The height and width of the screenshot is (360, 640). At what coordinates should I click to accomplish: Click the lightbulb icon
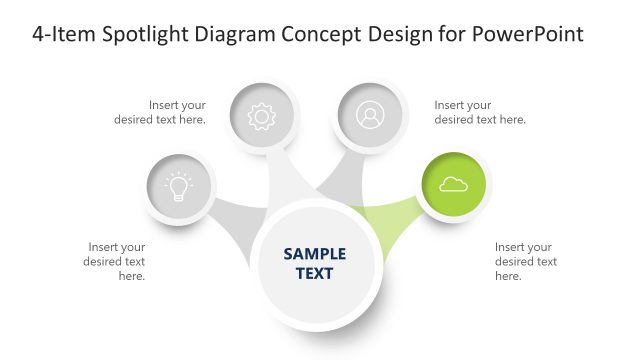[x=178, y=185]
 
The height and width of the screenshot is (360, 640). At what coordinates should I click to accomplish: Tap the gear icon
[x=261, y=116]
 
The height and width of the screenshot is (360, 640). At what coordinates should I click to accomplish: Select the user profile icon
[x=369, y=116]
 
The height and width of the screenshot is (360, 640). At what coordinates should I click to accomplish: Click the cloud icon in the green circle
[x=453, y=184]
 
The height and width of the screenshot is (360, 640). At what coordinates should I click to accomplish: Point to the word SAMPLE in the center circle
[x=315, y=254]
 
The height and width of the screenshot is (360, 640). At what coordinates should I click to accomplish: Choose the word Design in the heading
[x=406, y=34]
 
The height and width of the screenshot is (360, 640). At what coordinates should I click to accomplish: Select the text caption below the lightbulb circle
[x=117, y=261]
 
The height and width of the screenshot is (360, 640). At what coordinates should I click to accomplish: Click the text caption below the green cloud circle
[x=526, y=261]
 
